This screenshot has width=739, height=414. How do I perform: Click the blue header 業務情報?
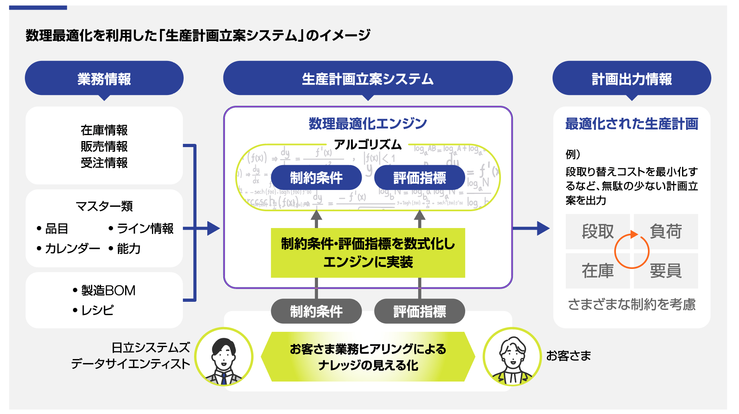[104, 79]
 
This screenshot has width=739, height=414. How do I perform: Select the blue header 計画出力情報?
[632, 79]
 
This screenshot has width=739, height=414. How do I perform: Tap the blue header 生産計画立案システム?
[368, 79]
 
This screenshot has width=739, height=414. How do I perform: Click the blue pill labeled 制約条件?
[316, 178]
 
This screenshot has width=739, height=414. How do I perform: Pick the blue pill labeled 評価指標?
[419, 178]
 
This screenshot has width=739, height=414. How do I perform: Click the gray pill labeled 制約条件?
[316, 311]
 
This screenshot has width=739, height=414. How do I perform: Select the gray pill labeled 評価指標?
[419, 311]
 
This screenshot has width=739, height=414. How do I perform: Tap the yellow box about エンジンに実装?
[368, 253]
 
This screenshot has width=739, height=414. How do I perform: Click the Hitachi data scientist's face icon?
[224, 357]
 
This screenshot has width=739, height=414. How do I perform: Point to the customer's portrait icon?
[512, 357]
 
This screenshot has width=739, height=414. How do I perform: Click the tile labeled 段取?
[597, 232]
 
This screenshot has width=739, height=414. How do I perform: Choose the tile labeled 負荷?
[666, 232]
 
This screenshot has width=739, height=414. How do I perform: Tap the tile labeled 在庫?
[597, 271]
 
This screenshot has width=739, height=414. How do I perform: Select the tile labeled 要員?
[666, 271]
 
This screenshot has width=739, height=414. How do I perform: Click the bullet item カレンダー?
[72, 249]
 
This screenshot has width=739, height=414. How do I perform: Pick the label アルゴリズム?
[368, 144]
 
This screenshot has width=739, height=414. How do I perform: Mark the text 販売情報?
[104, 147]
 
